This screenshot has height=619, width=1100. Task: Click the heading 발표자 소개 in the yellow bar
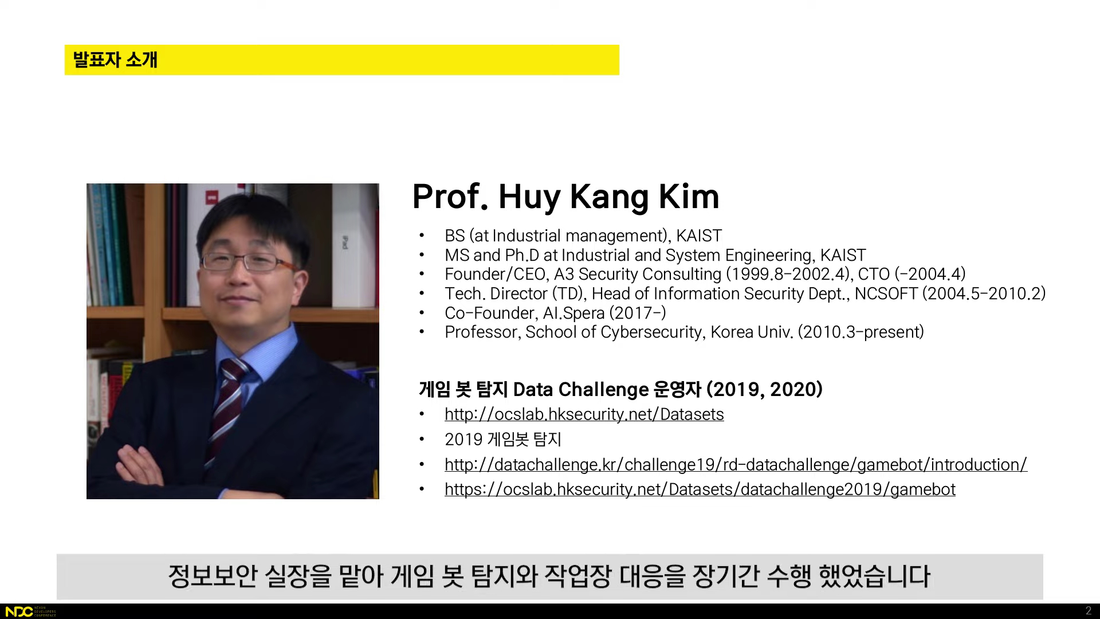point(115,60)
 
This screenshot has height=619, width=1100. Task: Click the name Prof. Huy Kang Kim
point(565,197)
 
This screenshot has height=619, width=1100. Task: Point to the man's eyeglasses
point(247,262)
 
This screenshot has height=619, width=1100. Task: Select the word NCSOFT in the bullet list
point(886,293)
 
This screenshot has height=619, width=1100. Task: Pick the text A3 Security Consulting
point(637,274)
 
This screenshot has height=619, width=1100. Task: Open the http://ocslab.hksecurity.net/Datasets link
point(584,414)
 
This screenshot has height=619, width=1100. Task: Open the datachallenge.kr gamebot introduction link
point(736,464)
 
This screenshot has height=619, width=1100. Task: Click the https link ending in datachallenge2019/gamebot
point(700,489)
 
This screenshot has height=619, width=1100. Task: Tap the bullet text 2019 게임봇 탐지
point(503,440)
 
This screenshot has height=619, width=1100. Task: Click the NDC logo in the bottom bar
point(19,612)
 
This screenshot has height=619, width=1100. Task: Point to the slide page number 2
point(1089,611)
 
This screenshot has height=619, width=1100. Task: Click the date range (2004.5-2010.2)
point(984,293)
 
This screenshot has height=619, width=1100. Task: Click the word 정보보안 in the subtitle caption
point(212,576)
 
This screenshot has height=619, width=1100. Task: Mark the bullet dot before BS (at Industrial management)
point(422,236)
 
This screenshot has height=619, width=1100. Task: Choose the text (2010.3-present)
point(861,332)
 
